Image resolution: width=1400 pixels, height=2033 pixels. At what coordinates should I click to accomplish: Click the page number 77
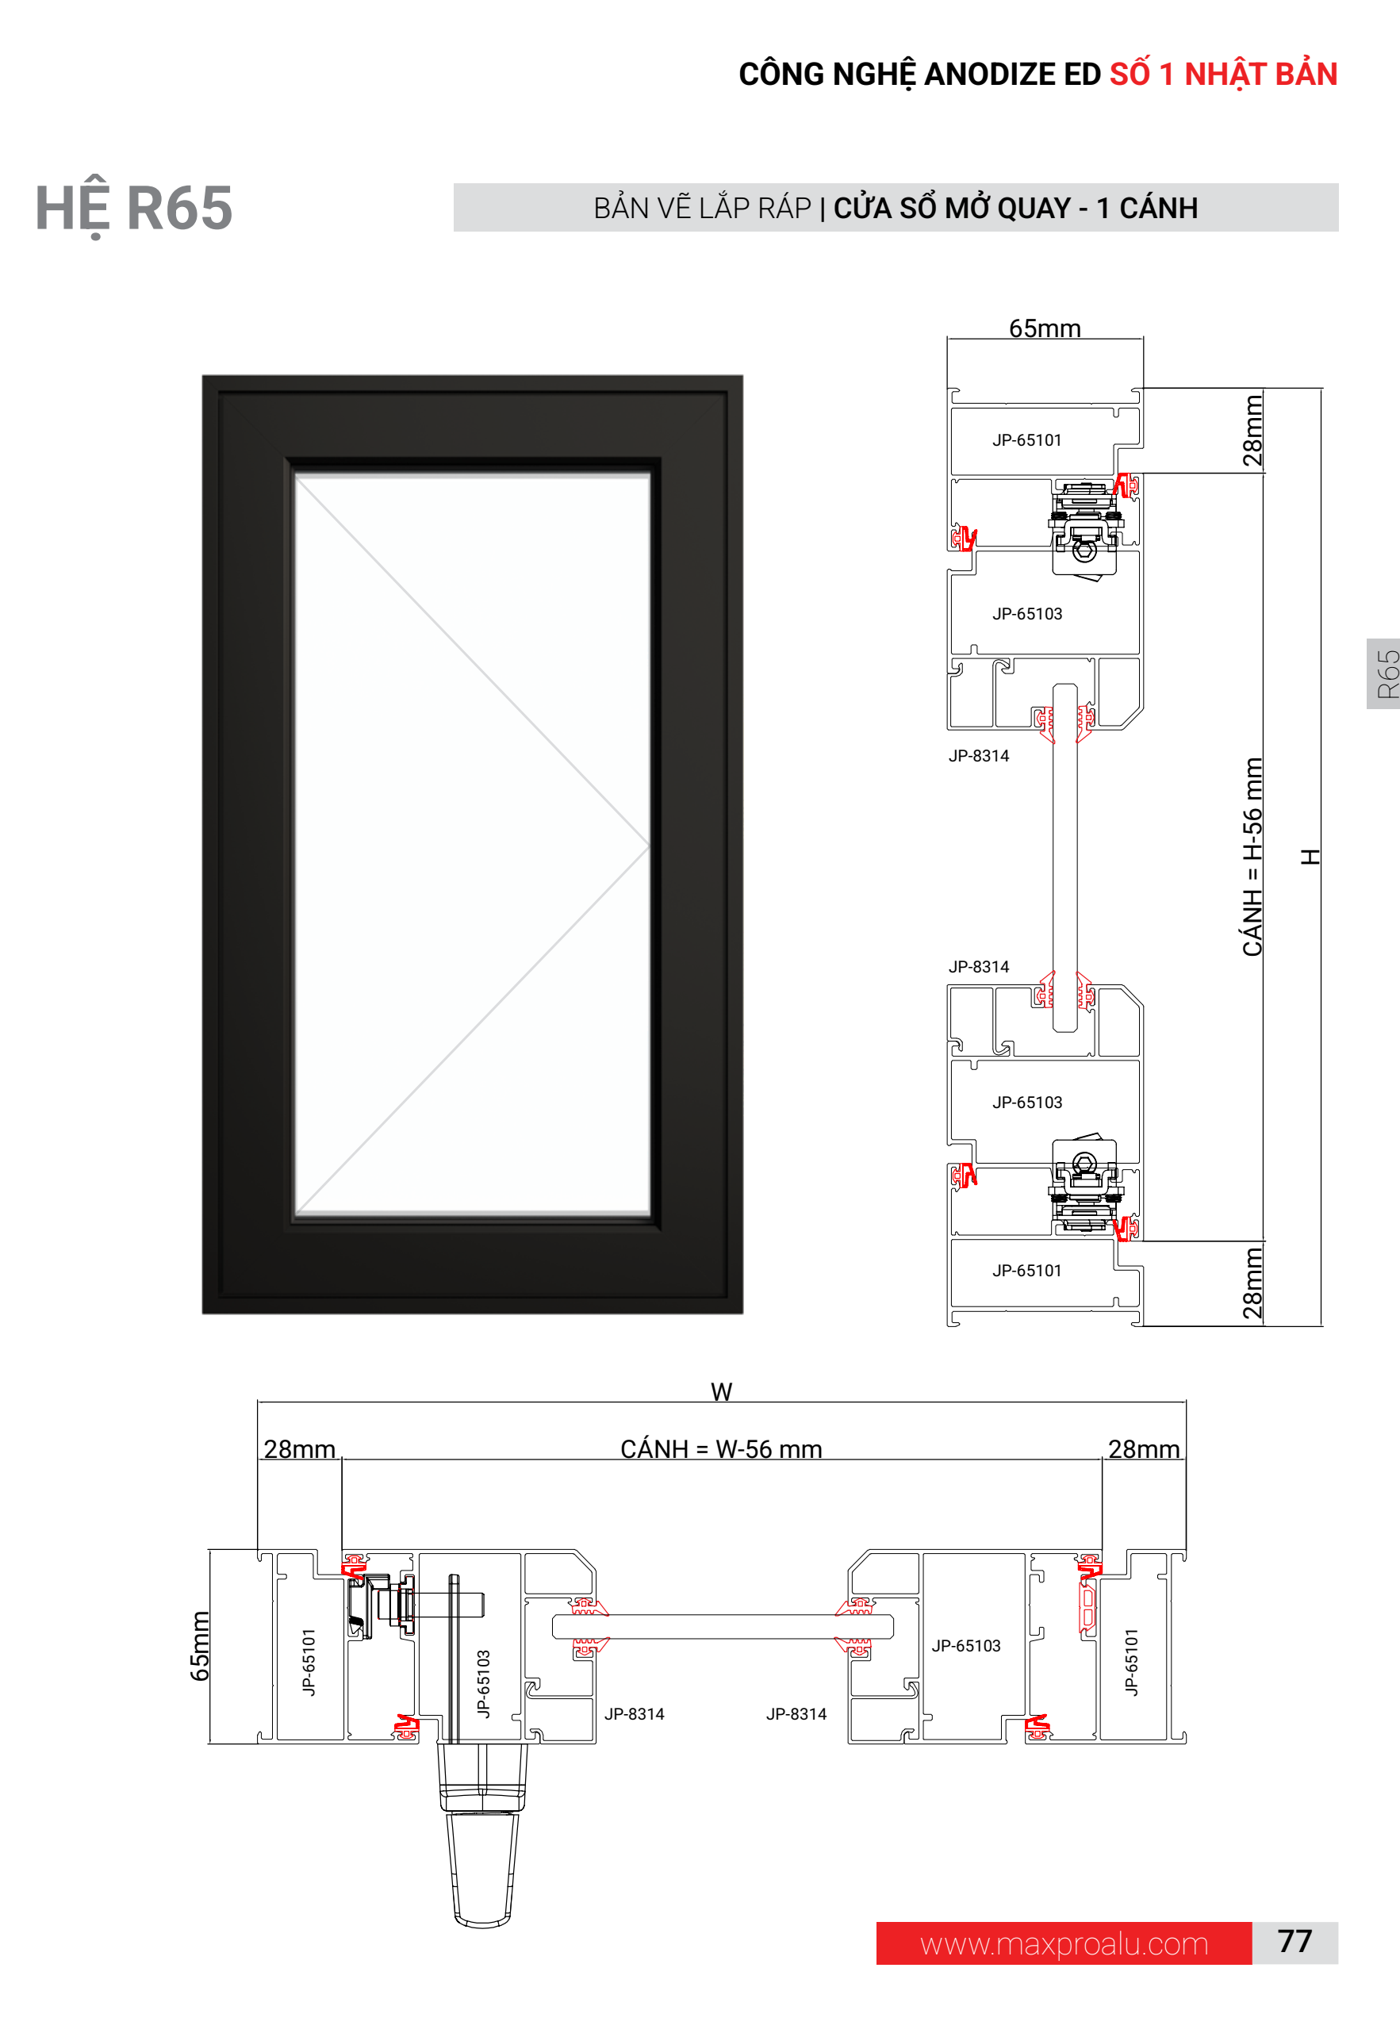pyautogui.click(x=1294, y=1941)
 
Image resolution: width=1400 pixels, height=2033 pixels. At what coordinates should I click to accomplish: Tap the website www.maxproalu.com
pyautogui.click(x=1064, y=1943)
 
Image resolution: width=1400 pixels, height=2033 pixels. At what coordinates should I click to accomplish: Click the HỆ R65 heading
pyautogui.click(x=133, y=209)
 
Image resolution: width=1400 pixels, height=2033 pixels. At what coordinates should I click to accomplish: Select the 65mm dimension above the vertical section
pyautogui.click(x=1044, y=328)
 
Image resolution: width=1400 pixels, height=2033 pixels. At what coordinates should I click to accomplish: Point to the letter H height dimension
pyautogui.click(x=1310, y=856)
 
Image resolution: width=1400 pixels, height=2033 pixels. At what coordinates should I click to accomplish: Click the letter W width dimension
pyautogui.click(x=721, y=1391)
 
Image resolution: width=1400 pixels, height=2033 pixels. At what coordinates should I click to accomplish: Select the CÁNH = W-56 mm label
pyautogui.click(x=721, y=1449)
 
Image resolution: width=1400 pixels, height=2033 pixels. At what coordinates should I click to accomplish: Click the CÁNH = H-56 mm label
pyautogui.click(x=1252, y=856)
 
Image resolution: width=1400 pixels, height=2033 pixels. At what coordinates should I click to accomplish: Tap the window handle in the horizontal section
pyautogui.click(x=482, y=1833)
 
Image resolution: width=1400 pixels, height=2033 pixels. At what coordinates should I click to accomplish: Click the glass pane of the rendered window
pyautogui.click(x=472, y=844)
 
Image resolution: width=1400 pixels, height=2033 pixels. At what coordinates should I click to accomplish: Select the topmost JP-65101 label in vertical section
pyautogui.click(x=1026, y=440)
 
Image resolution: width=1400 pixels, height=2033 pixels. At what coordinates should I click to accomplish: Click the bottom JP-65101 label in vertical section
pyautogui.click(x=1026, y=1270)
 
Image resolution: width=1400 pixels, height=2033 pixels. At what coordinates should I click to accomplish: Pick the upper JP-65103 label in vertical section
pyautogui.click(x=1026, y=614)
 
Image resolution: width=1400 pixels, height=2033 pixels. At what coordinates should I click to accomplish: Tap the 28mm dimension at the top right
pyautogui.click(x=1252, y=430)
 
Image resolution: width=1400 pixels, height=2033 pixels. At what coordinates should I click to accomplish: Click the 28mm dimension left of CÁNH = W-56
pyautogui.click(x=299, y=1449)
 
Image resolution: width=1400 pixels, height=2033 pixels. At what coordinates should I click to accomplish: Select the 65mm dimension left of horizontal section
pyautogui.click(x=200, y=1645)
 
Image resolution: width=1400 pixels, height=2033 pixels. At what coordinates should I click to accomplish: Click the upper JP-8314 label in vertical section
pyautogui.click(x=978, y=756)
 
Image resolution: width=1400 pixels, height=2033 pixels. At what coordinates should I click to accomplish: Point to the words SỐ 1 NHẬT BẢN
pyautogui.click(x=1223, y=75)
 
